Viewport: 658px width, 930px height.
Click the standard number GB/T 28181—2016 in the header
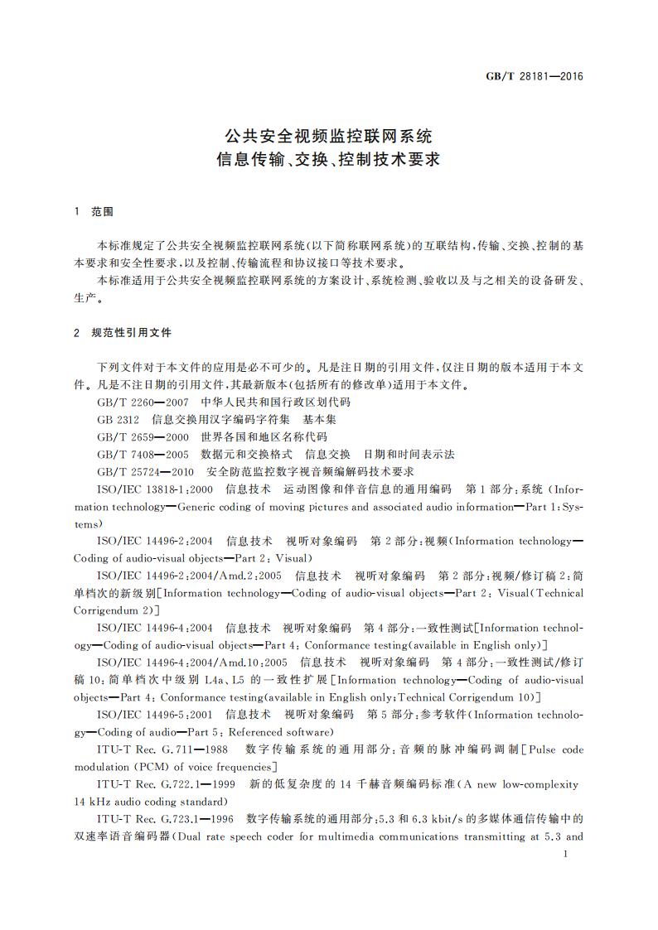click(534, 76)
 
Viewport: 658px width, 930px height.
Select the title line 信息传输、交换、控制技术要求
click(329, 159)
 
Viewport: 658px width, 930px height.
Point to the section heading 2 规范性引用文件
click(122, 332)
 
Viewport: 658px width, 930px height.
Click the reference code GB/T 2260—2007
click(141, 402)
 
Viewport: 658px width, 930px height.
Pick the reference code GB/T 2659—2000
click(141, 436)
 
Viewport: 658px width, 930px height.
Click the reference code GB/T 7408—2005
click(141, 454)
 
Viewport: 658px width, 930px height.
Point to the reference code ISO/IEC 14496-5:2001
click(154, 714)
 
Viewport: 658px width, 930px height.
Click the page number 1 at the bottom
click(564, 853)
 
